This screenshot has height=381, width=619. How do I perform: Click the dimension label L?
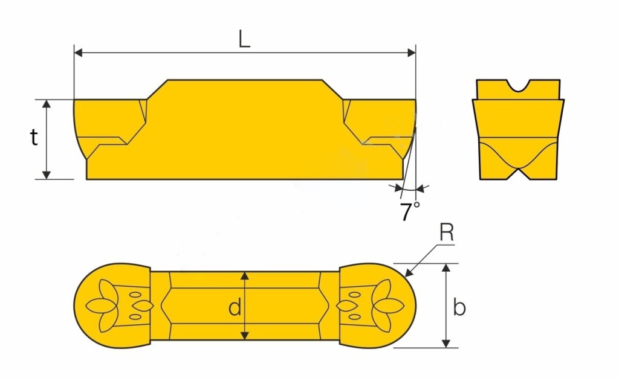pyautogui.click(x=244, y=39)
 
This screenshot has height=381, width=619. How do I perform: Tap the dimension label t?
pyautogui.click(x=34, y=138)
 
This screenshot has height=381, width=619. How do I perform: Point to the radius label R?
pyautogui.click(x=447, y=233)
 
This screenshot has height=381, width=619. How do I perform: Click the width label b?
pyautogui.click(x=459, y=307)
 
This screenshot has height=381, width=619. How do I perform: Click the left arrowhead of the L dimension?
pyautogui.click(x=78, y=53)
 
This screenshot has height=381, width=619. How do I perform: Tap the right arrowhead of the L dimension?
pyautogui.click(x=411, y=53)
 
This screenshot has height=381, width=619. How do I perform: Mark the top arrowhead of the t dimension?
pyautogui.click(x=47, y=104)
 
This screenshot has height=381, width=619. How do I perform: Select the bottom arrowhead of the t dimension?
pyautogui.click(x=47, y=174)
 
